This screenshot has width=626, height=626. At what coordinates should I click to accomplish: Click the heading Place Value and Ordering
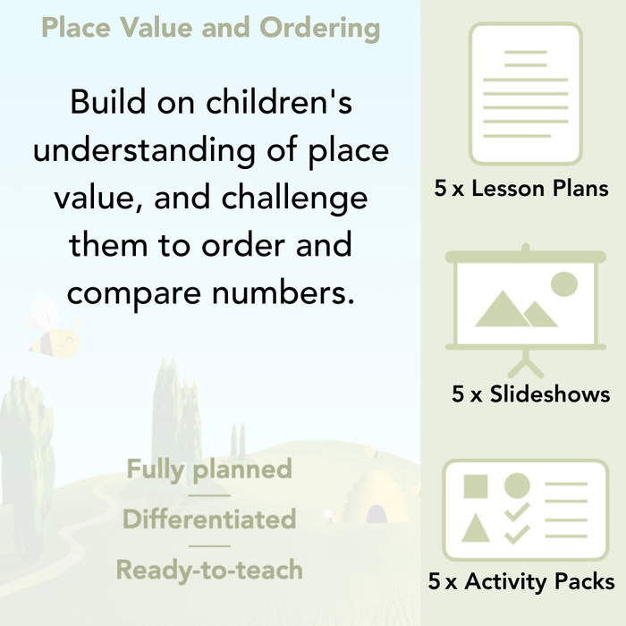tap(210, 29)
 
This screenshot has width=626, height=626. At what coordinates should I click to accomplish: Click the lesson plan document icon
tap(525, 94)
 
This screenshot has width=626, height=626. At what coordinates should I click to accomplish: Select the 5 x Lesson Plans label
tap(522, 189)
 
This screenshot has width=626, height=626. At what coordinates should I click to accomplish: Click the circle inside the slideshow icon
tap(564, 284)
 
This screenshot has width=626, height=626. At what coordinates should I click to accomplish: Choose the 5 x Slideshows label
tap(531, 393)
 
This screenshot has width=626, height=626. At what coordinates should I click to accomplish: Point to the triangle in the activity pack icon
tap(475, 528)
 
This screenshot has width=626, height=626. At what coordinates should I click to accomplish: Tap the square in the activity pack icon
tap(475, 487)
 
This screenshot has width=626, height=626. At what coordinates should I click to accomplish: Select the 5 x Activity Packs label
tap(521, 582)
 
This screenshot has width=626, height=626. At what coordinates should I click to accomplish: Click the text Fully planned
tap(209, 469)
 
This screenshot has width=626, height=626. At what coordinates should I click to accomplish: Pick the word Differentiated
tap(209, 519)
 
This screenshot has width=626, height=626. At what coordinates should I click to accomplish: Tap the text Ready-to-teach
tap(209, 569)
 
